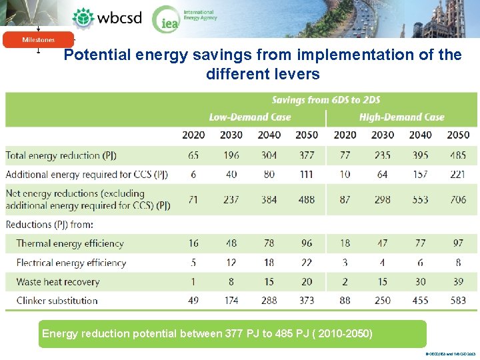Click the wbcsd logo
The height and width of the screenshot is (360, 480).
[107, 18]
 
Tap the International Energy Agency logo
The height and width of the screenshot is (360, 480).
[184, 18]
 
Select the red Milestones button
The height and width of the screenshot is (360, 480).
[38, 40]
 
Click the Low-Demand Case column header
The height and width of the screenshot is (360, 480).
[250, 117]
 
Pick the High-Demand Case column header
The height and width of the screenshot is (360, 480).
[401, 117]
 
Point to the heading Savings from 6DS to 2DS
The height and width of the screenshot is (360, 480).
[326, 100]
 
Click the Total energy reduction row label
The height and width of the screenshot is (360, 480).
[61, 155]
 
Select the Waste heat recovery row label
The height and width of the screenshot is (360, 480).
[57, 281]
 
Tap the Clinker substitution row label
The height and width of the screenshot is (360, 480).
[57, 300]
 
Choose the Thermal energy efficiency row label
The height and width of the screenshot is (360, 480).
[70, 243]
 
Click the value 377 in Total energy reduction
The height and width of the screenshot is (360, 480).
[307, 155]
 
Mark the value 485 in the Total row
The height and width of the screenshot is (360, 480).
[458, 155]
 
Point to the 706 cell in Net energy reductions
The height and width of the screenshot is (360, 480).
[458, 199]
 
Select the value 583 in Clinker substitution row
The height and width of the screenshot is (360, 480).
[458, 300]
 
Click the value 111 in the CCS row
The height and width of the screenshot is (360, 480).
[307, 174]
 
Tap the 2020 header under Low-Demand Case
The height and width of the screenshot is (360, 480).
[193, 135]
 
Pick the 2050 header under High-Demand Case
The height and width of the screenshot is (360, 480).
[458, 135]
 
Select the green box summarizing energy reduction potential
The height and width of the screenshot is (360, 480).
[231, 333]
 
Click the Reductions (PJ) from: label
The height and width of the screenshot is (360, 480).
[49, 225]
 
